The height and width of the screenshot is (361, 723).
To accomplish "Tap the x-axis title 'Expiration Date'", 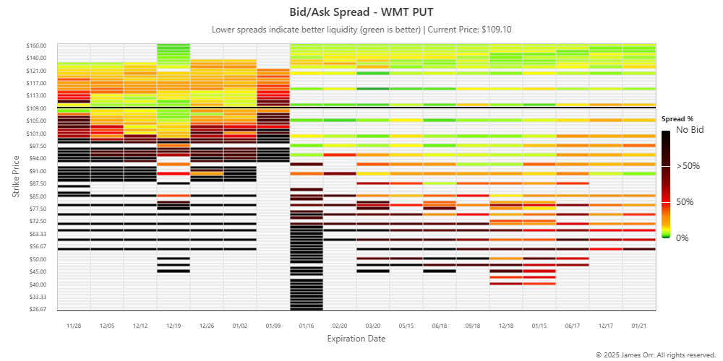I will (x=356, y=339).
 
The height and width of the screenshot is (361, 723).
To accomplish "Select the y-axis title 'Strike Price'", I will (x=16, y=178).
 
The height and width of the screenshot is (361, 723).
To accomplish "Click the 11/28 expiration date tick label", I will (x=74, y=326).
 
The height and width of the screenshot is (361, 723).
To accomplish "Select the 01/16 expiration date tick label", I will (x=307, y=326).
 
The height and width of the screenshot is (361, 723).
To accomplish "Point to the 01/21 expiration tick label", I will (x=639, y=326).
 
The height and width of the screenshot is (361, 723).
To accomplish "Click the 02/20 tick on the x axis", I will (x=340, y=326).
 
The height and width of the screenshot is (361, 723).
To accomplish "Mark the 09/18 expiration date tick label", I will (x=473, y=326).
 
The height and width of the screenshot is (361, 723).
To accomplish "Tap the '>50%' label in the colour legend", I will (x=688, y=166).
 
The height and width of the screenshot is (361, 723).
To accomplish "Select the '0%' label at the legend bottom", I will (x=683, y=238).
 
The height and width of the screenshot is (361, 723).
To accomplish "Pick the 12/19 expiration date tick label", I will (x=174, y=326).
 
